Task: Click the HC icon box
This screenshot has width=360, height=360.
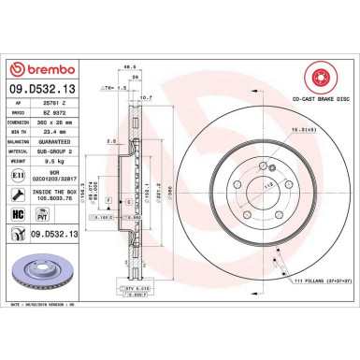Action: pyautogui.click(x=19, y=214)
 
